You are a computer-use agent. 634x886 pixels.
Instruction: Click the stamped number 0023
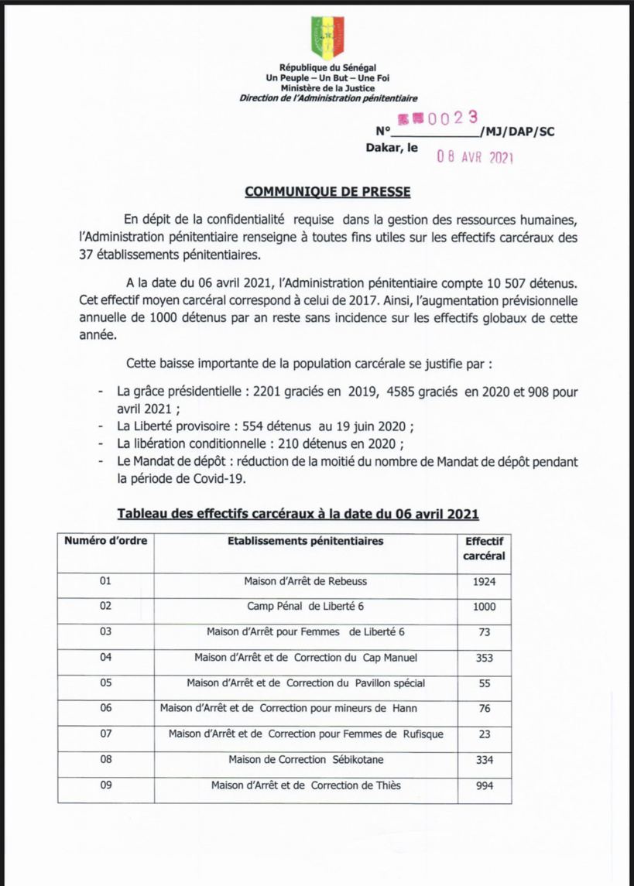(444, 118)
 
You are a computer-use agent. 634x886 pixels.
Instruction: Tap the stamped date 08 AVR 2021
(475, 156)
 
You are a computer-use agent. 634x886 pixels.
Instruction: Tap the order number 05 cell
(107, 683)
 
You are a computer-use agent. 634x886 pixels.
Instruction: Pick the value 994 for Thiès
(484, 786)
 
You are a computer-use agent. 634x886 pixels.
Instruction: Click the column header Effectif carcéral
(484, 549)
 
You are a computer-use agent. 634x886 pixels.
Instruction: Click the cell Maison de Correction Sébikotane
(305, 760)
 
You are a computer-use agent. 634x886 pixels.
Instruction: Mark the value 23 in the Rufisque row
(484, 734)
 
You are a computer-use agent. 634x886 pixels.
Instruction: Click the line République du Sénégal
(327, 69)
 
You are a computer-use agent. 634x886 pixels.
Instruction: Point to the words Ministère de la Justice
(327, 88)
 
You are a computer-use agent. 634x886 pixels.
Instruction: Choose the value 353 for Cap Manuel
(484, 658)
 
